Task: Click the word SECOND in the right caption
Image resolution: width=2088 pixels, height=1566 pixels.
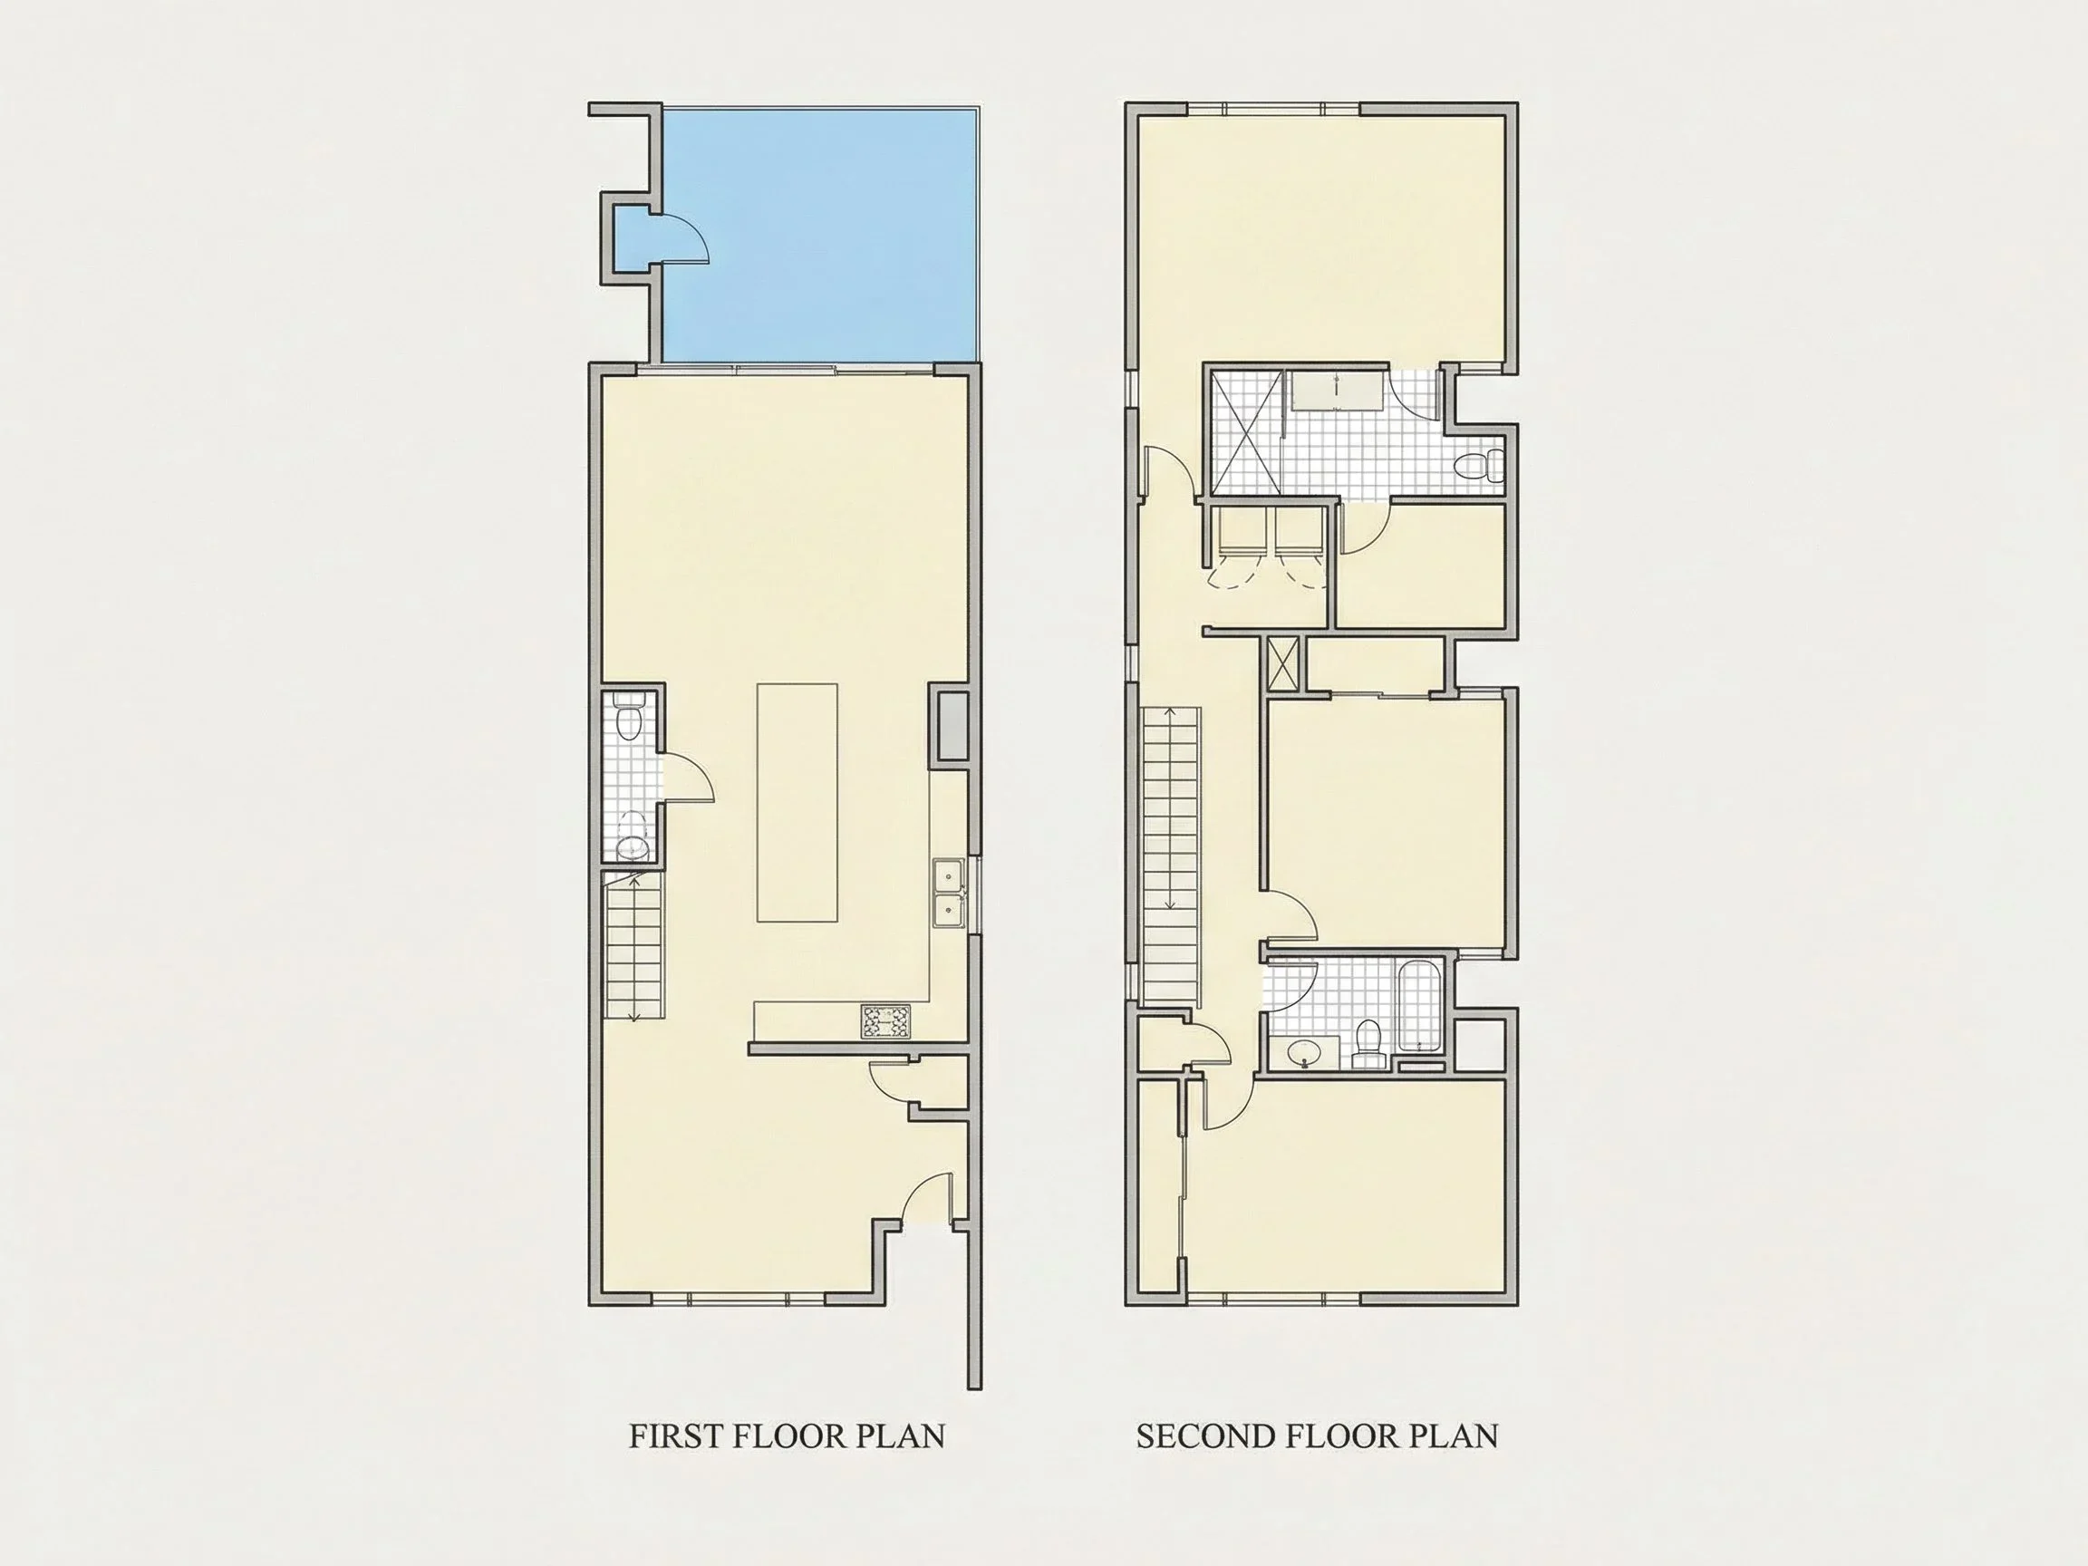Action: tap(1206, 1435)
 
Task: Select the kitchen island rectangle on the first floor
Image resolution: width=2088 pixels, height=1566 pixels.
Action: tap(797, 802)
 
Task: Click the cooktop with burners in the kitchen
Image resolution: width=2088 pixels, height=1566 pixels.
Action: tap(887, 1022)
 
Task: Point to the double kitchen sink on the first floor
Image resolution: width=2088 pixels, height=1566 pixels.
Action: tap(948, 893)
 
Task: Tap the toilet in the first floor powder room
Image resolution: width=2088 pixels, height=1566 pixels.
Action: tap(628, 718)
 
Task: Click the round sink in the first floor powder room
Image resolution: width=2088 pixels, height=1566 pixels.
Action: tap(632, 844)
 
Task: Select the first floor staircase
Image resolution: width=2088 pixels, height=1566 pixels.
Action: tap(633, 947)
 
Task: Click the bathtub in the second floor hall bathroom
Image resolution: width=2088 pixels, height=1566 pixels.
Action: tap(1417, 1008)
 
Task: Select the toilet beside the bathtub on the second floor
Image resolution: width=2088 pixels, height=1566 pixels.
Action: tap(1367, 1041)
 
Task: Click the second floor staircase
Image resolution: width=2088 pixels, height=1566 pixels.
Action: tap(1172, 855)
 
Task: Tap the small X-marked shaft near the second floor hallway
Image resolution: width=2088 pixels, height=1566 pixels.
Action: tap(1281, 662)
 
